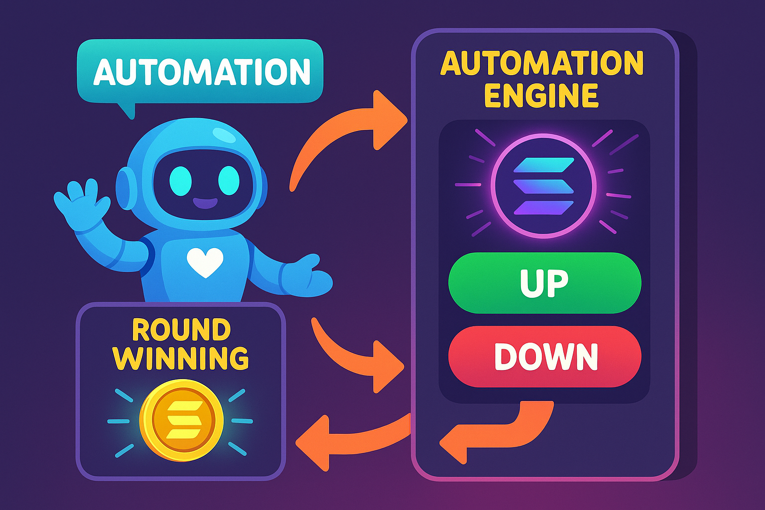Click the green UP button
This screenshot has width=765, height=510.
[x=544, y=283]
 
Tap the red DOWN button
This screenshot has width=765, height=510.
[x=544, y=357]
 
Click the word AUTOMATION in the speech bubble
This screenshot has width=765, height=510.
[x=202, y=72]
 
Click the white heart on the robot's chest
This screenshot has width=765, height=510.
[x=204, y=262]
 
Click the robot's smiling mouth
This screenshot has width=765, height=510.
[x=205, y=203]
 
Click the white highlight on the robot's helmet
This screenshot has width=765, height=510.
[x=225, y=134]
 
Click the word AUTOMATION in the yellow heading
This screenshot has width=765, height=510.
[x=541, y=63]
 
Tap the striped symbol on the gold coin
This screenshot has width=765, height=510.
[x=181, y=420]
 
